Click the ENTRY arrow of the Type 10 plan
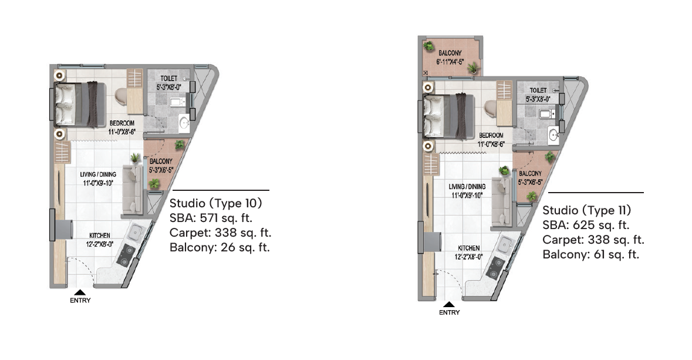[80, 292]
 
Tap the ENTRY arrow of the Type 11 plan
[449, 304]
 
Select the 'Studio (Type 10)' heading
[216, 204]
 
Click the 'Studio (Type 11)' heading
[587, 211]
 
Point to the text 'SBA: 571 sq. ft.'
[211, 218]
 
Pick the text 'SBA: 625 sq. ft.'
[586, 226]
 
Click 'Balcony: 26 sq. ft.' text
[220, 247]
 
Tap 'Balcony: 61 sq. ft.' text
[590, 254]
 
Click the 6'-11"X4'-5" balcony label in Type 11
[450, 62]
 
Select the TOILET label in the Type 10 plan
[168, 79]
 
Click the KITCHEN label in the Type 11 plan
[469, 248]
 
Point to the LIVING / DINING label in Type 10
[98, 174]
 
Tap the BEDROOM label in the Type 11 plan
[491, 136]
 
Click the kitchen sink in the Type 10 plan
[136, 231]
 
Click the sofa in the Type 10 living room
[132, 190]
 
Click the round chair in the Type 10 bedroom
[121, 97]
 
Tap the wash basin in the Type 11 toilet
[553, 134]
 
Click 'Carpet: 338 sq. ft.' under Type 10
[220, 233]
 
